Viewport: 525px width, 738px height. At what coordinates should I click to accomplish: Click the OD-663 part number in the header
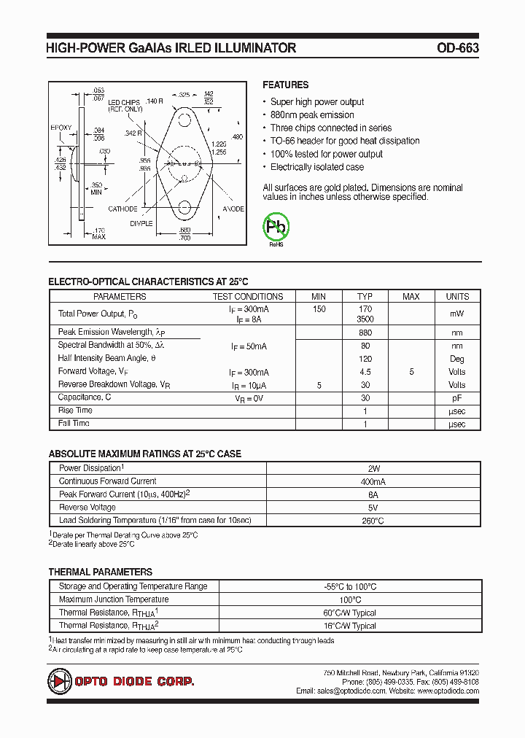pos(458,48)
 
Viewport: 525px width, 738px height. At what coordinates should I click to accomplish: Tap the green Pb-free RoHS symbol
pos(276,228)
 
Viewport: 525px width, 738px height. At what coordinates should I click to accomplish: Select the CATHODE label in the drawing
pos(123,209)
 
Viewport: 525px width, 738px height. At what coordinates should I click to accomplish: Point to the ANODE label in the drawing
pos(233,209)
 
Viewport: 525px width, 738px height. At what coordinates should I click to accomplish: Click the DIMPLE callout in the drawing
pos(141,223)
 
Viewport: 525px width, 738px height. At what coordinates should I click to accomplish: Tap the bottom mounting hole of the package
pos(184,209)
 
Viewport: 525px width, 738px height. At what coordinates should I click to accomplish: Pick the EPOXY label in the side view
pos(61,128)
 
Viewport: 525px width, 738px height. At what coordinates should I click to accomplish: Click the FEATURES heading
pos(285,85)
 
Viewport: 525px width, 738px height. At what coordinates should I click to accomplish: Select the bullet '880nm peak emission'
pos(312,115)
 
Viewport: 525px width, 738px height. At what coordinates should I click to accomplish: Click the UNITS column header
pos(457,297)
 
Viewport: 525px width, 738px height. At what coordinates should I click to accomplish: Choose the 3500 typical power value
pos(365,319)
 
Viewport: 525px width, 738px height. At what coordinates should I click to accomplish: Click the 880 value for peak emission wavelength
pos(365,333)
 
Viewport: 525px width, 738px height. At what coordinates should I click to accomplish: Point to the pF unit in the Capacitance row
pos(457,398)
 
